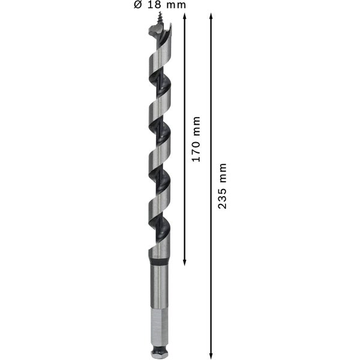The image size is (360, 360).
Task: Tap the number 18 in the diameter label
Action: tap(155, 5)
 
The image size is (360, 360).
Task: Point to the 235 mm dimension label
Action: tap(223, 185)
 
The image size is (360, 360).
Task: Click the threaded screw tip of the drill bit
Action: tap(160, 21)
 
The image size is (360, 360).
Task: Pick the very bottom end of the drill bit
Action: tap(160, 355)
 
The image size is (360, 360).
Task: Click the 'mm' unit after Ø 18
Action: tap(176, 5)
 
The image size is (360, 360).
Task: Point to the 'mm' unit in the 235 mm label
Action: tap(223, 170)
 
